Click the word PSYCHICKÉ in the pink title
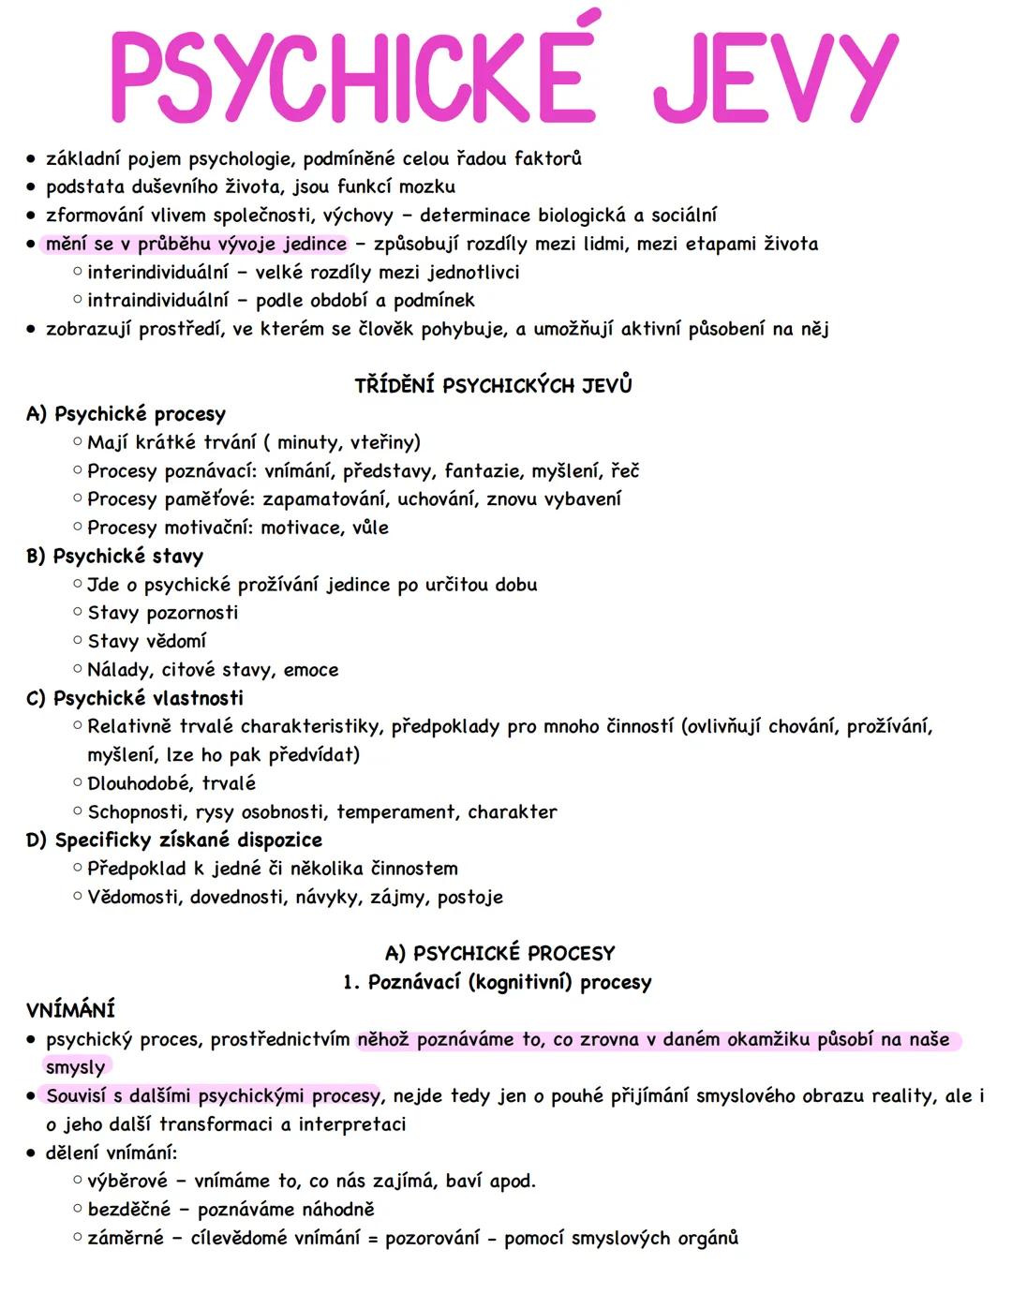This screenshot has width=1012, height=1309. tap(352, 77)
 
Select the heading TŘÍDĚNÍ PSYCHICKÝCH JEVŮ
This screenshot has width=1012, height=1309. tap(493, 385)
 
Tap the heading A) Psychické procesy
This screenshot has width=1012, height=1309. tap(126, 414)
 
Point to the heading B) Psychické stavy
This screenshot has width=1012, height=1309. tap(114, 557)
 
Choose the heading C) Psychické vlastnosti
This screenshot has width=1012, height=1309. tap(135, 698)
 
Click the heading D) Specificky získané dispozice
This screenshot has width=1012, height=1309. tap(174, 840)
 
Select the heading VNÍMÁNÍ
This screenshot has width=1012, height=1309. tap(70, 1010)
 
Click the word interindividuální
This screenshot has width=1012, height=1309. tap(157, 273)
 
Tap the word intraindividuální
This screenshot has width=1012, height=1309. tap(157, 301)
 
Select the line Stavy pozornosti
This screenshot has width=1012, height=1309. tap(162, 613)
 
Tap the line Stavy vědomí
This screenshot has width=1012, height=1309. tap(146, 641)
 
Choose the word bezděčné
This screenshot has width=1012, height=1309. tap(128, 1210)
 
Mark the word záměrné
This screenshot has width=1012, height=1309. tap(126, 1238)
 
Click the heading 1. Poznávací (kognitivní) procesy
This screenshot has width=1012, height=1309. tap(497, 982)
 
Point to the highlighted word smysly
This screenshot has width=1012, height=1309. tap(75, 1067)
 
